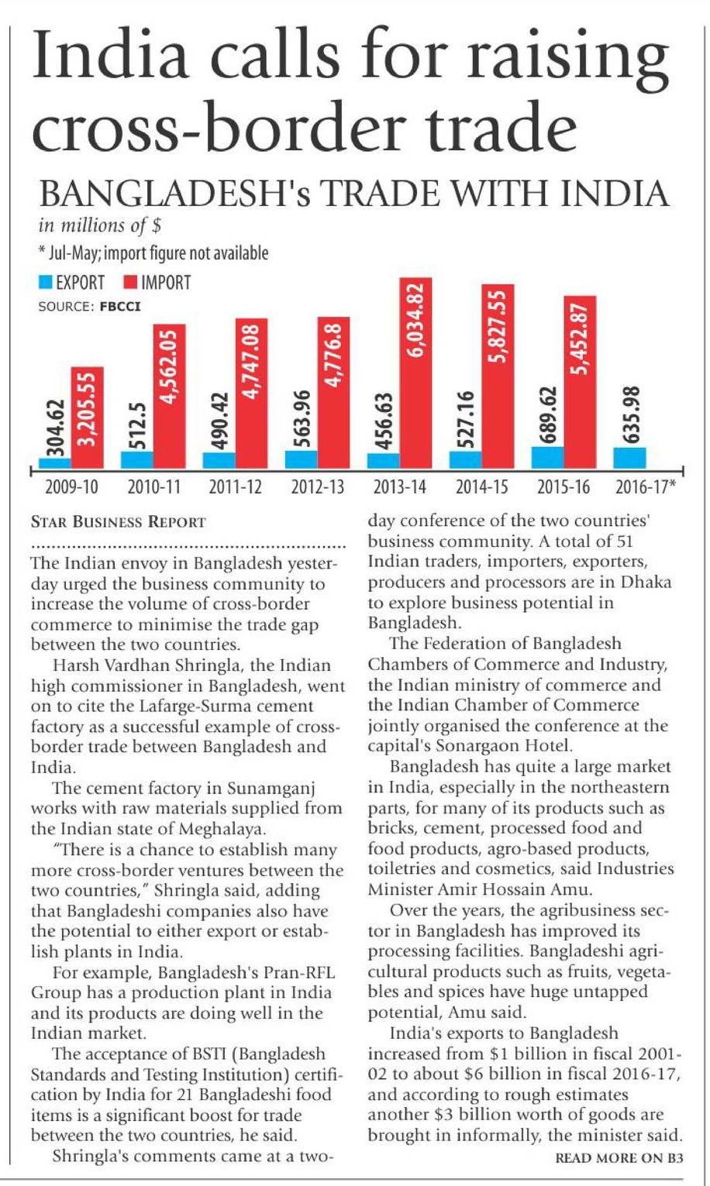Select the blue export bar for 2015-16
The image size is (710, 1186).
[x=547, y=458]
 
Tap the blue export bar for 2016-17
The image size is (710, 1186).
[x=629, y=458]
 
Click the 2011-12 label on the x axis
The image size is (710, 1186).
[x=236, y=488]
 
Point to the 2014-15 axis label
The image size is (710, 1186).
[x=481, y=488]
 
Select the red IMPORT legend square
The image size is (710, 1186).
[x=132, y=282]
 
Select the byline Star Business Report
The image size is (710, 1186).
[x=118, y=521]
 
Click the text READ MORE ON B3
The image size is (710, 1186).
[x=619, y=1159]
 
